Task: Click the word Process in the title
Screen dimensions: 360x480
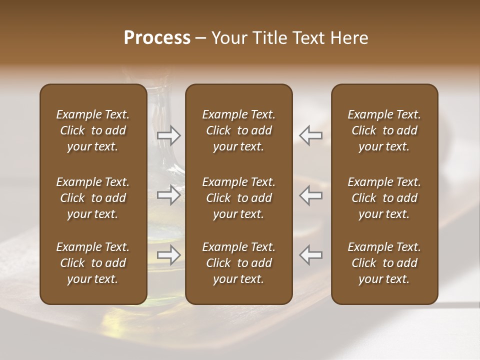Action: [x=157, y=38]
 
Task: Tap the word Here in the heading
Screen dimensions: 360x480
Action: [x=349, y=38]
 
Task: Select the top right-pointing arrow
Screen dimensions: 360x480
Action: [x=169, y=135]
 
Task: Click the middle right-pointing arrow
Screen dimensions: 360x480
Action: [x=169, y=195]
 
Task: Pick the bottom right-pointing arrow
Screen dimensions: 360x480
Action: [x=169, y=255]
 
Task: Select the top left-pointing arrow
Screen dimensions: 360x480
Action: [x=311, y=135]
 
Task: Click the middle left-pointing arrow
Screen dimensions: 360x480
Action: [x=311, y=195]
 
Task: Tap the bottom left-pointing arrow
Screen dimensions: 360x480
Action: [x=311, y=255]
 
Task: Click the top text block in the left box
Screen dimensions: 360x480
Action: [x=93, y=130]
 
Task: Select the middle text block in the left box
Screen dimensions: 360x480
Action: [x=93, y=198]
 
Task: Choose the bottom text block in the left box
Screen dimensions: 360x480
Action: [x=93, y=263]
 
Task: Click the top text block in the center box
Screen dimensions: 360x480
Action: [x=239, y=130]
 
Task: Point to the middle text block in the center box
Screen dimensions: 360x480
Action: [x=239, y=198]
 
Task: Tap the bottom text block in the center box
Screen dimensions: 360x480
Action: [x=239, y=263]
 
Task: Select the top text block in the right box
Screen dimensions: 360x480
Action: [x=384, y=130]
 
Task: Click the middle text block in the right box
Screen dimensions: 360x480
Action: [x=384, y=198]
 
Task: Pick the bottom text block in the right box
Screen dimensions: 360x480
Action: [x=384, y=263]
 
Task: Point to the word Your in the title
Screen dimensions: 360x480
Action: [x=228, y=38]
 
